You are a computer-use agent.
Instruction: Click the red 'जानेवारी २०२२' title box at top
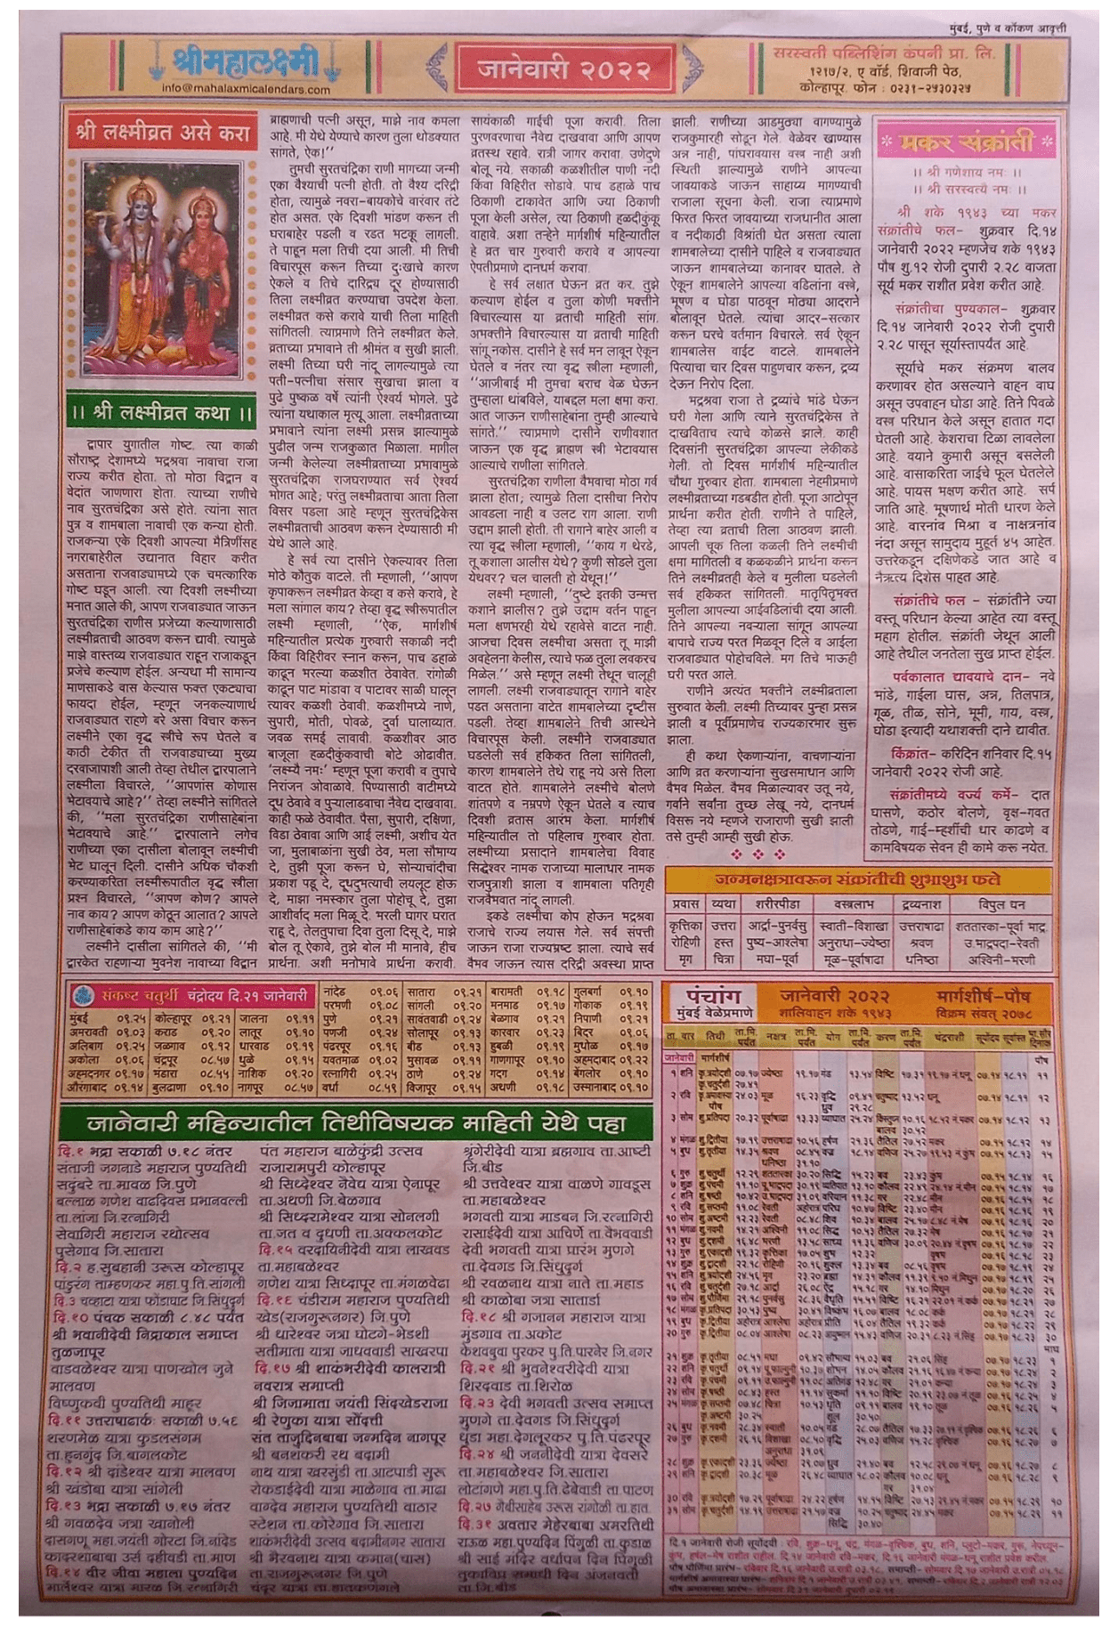click(x=563, y=67)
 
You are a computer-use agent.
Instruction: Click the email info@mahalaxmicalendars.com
click(x=246, y=88)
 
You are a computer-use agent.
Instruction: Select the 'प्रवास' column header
click(x=685, y=904)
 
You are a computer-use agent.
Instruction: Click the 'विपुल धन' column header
click(x=1001, y=904)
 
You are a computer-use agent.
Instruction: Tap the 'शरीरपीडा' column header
click(x=768, y=904)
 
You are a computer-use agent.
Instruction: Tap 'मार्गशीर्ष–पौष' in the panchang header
click(x=982, y=993)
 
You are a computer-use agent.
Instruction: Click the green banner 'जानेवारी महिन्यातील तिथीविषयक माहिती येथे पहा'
click(x=356, y=1123)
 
